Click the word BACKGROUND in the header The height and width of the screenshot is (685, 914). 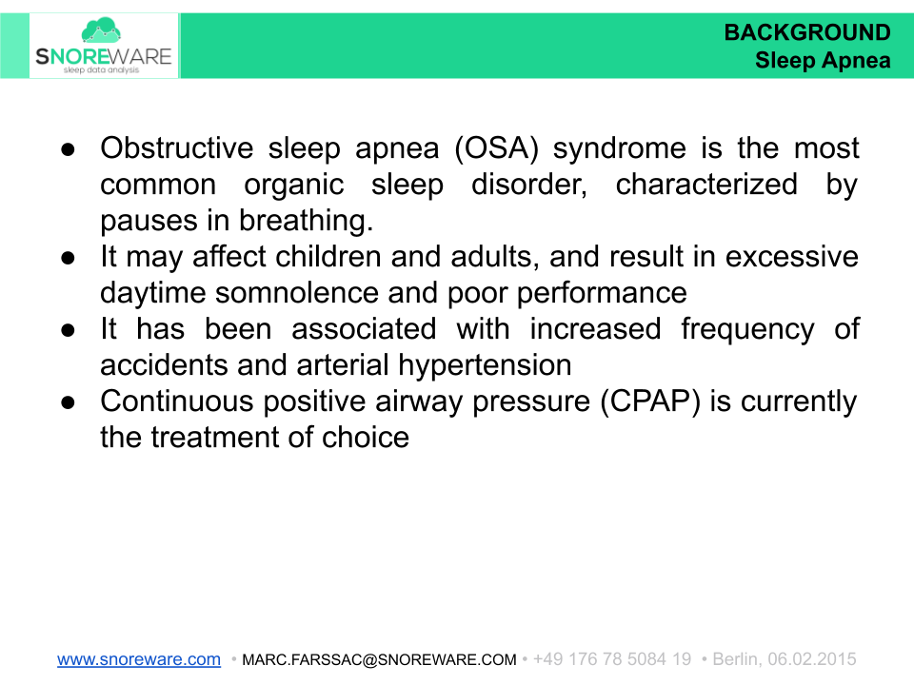click(x=807, y=33)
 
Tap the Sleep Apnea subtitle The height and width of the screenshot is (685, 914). click(x=823, y=61)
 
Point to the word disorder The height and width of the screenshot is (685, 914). click(x=527, y=185)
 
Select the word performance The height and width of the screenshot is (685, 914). click(x=603, y=293)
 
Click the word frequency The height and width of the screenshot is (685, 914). click(x=747, y=329)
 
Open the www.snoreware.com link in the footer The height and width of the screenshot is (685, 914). click(x=139, y=659)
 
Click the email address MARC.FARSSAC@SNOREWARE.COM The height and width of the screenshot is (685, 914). click(x=379, y=659)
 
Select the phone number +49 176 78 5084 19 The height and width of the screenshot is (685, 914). click(x=612, y=659)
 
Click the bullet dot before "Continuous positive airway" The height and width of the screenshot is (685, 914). click(x=70, y=402)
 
